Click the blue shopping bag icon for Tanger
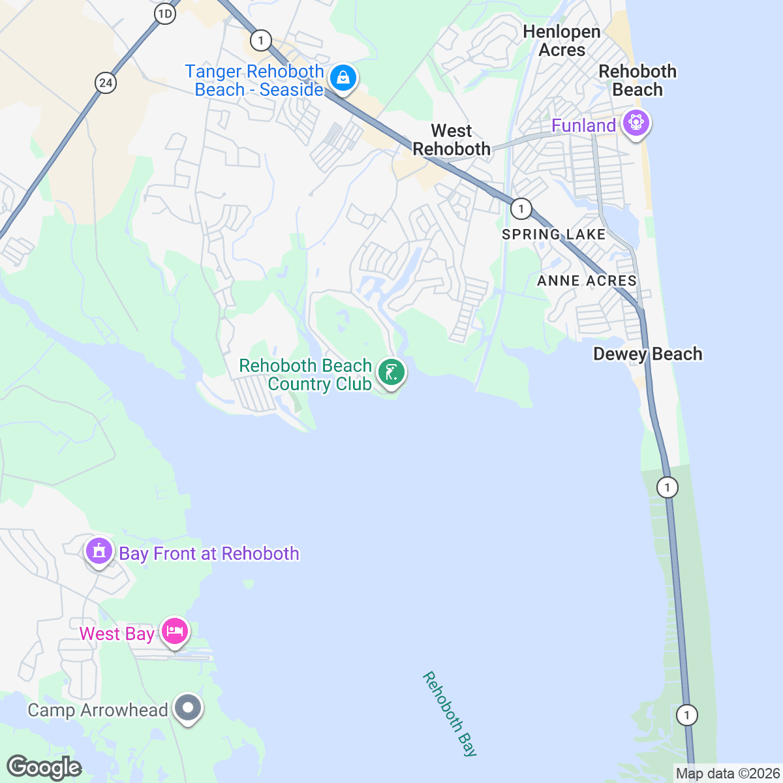342,78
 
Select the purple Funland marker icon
636,122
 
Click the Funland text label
583,125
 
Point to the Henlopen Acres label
561,40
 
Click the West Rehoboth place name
452,140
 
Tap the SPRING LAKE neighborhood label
553,234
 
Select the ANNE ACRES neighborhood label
587,281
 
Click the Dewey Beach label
647,354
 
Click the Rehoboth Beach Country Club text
305,375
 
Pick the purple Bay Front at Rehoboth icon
99,551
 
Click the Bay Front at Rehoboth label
209,553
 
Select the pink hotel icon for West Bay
175,632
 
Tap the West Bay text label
117,634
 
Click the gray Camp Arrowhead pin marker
189,707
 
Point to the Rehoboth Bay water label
450,714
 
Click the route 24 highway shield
106,83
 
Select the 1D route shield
165,14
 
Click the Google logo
44,767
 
